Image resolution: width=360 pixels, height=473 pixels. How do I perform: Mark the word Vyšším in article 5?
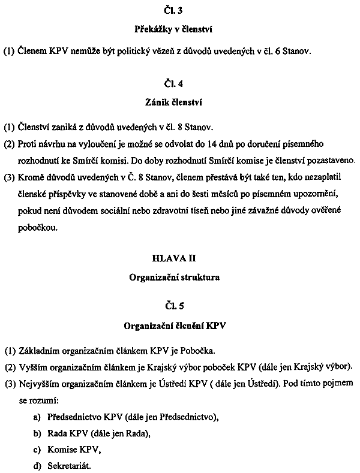(33, 366)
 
